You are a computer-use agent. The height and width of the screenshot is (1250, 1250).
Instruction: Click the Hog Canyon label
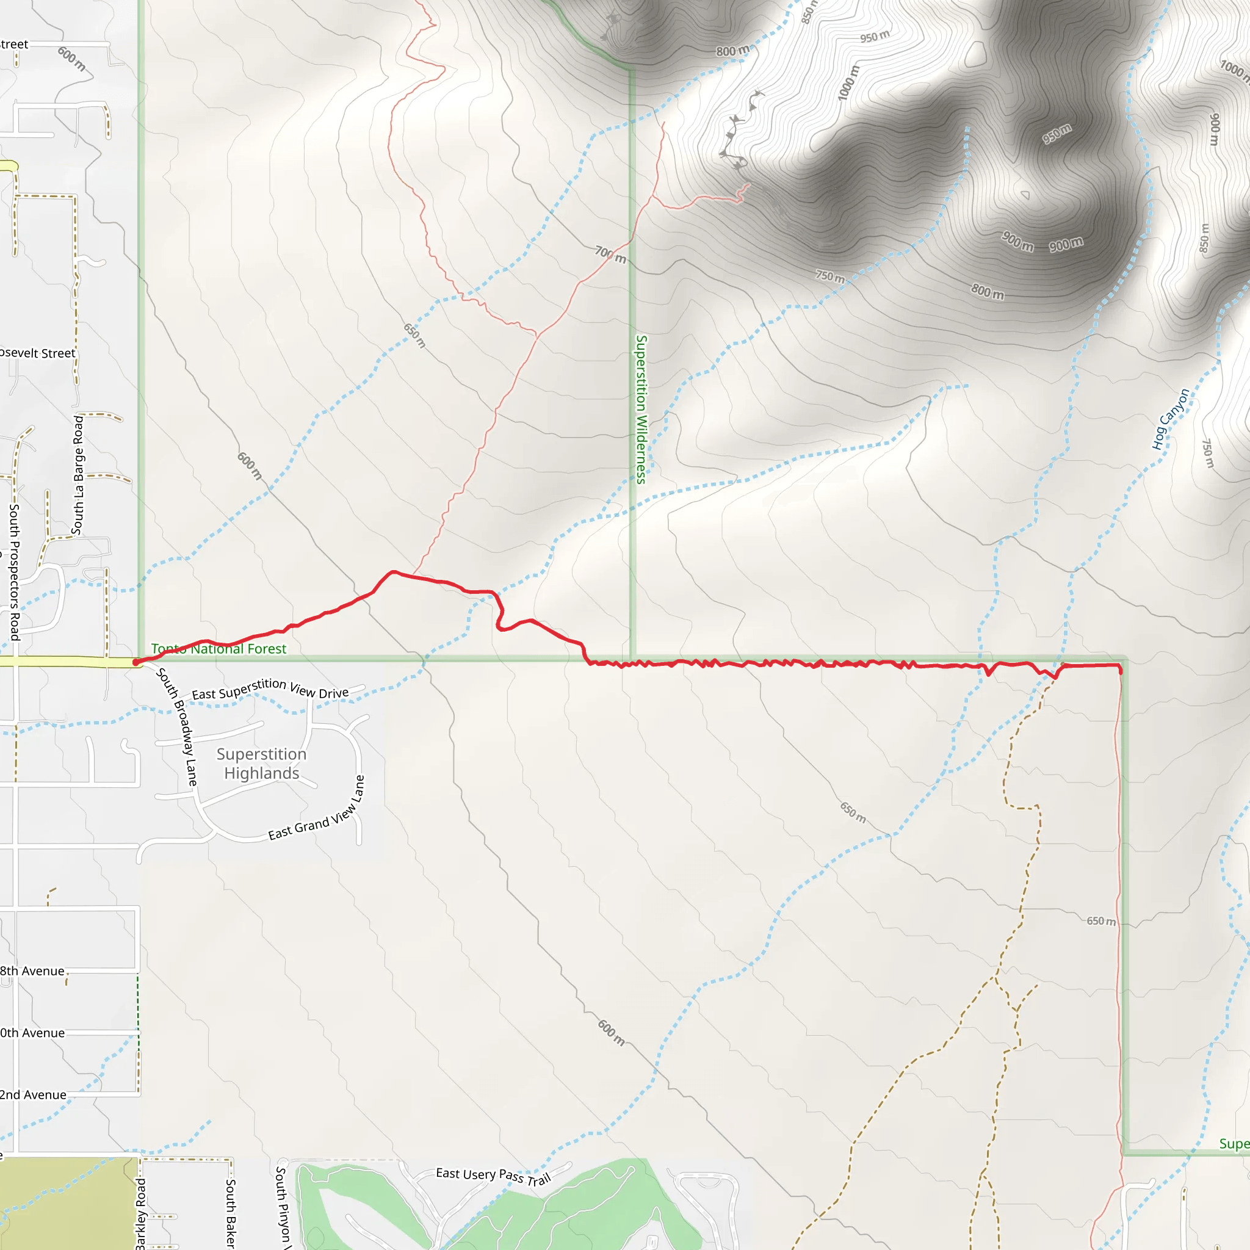pos(1171,419)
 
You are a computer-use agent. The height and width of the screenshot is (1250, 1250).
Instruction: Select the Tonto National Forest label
pos(219,649)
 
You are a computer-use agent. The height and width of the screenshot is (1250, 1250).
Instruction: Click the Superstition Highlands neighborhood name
pos(261,764)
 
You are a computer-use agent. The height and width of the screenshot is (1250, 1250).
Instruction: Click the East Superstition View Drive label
pos(270,689)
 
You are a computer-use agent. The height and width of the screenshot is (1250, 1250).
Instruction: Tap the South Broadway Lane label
pos(176,726)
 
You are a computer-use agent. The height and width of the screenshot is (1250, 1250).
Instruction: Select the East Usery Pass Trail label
pos(493,1176)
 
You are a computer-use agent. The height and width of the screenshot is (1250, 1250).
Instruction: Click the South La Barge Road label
pos(78,475)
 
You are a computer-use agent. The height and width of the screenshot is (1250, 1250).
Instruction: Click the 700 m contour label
pos(610,255)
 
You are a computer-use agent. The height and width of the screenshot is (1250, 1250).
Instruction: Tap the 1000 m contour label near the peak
pos(848,82)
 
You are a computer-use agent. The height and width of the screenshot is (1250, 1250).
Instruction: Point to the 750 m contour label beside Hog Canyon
pos(1207,453)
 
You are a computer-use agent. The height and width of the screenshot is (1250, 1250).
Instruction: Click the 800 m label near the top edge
pos(732,51)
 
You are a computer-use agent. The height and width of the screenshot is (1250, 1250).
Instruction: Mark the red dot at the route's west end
pos(136,662)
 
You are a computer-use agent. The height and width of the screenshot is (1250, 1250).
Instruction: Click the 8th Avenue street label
pos(32,971)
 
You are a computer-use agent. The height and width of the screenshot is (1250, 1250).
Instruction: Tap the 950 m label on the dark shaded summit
pos(1057,133)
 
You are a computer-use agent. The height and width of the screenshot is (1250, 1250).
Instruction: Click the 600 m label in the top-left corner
pos(71,58)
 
